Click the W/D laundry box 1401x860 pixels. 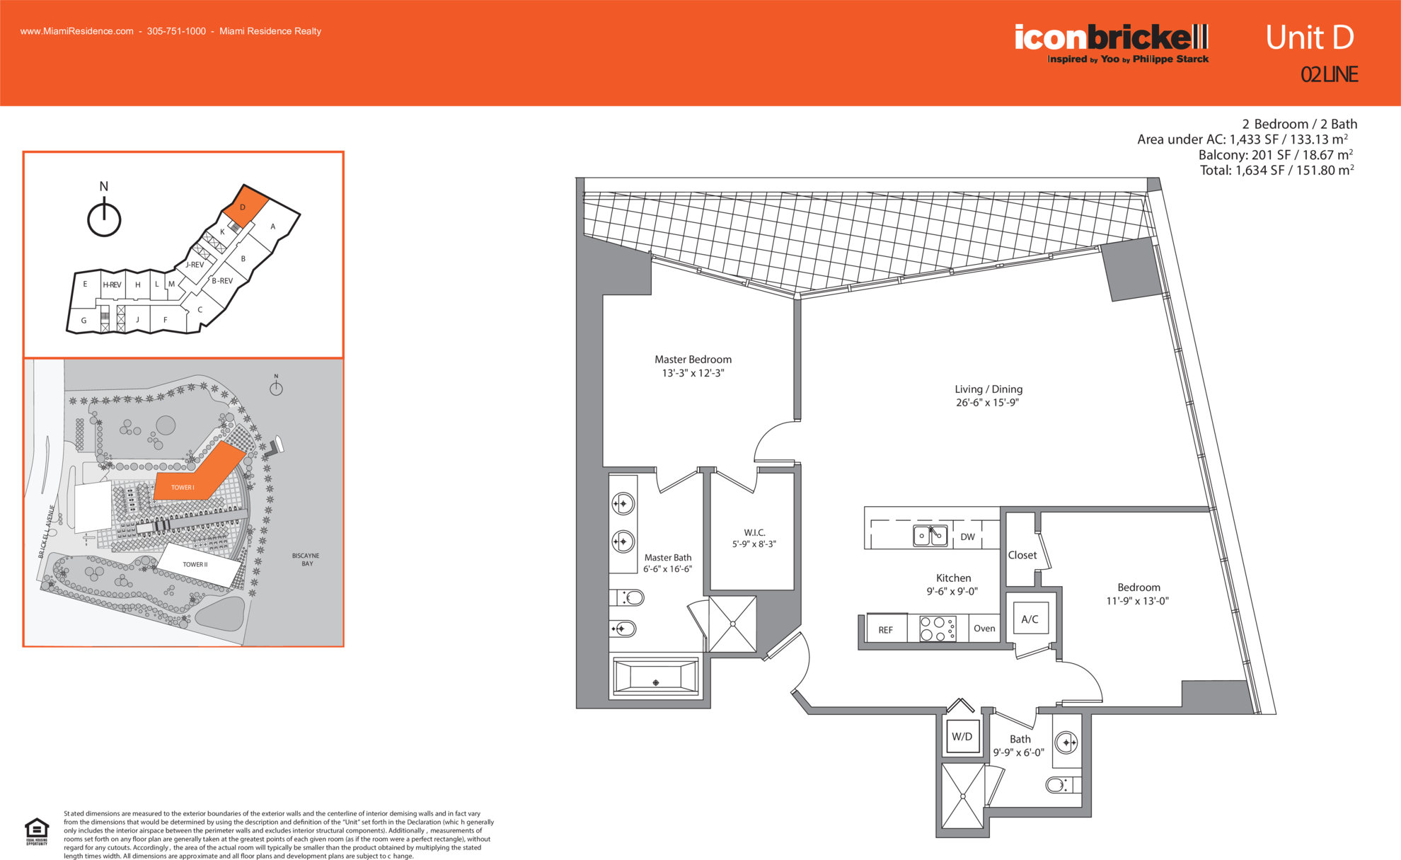962,736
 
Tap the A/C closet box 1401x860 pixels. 1030,619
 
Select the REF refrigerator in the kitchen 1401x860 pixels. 885,629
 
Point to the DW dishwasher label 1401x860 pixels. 967,537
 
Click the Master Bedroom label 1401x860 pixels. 693,360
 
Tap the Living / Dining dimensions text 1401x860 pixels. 987,403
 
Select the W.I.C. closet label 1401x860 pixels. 754,532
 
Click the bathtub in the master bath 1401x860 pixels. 656,677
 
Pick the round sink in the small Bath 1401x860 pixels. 1066,743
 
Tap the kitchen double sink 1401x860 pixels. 930,535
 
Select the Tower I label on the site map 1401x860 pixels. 183,488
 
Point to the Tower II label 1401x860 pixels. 195,564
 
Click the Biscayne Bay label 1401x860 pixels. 306,559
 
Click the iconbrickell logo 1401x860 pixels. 1112,43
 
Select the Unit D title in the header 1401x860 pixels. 1310,38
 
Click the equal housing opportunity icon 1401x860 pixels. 37,831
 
